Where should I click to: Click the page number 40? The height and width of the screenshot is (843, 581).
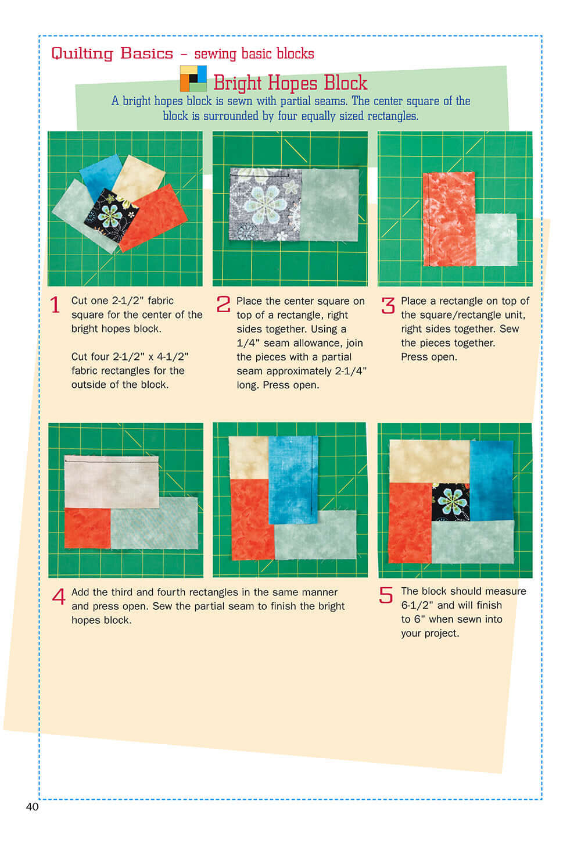click(x=32, y=807)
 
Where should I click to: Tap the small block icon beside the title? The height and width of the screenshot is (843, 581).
click(x=193, y=78)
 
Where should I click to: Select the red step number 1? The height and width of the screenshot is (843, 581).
click(x=55, y=305)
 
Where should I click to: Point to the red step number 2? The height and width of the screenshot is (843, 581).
click(x=223, y=304)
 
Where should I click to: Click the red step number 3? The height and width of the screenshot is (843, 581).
click(x=388, y=305)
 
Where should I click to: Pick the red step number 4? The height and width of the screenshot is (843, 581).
click(x=59, y=596)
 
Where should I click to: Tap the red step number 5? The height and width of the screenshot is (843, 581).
click(x=386, y=595)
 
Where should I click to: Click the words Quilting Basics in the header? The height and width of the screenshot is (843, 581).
click(x=112, y=53)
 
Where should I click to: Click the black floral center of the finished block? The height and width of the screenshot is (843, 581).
click(x=451, y=501)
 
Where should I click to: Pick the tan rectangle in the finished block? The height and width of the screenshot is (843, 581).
click(x=429, y=460)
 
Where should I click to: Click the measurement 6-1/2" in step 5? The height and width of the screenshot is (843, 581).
click(x=417, y=605)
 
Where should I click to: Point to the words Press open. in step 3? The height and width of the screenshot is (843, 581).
click(x=429, y=357)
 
